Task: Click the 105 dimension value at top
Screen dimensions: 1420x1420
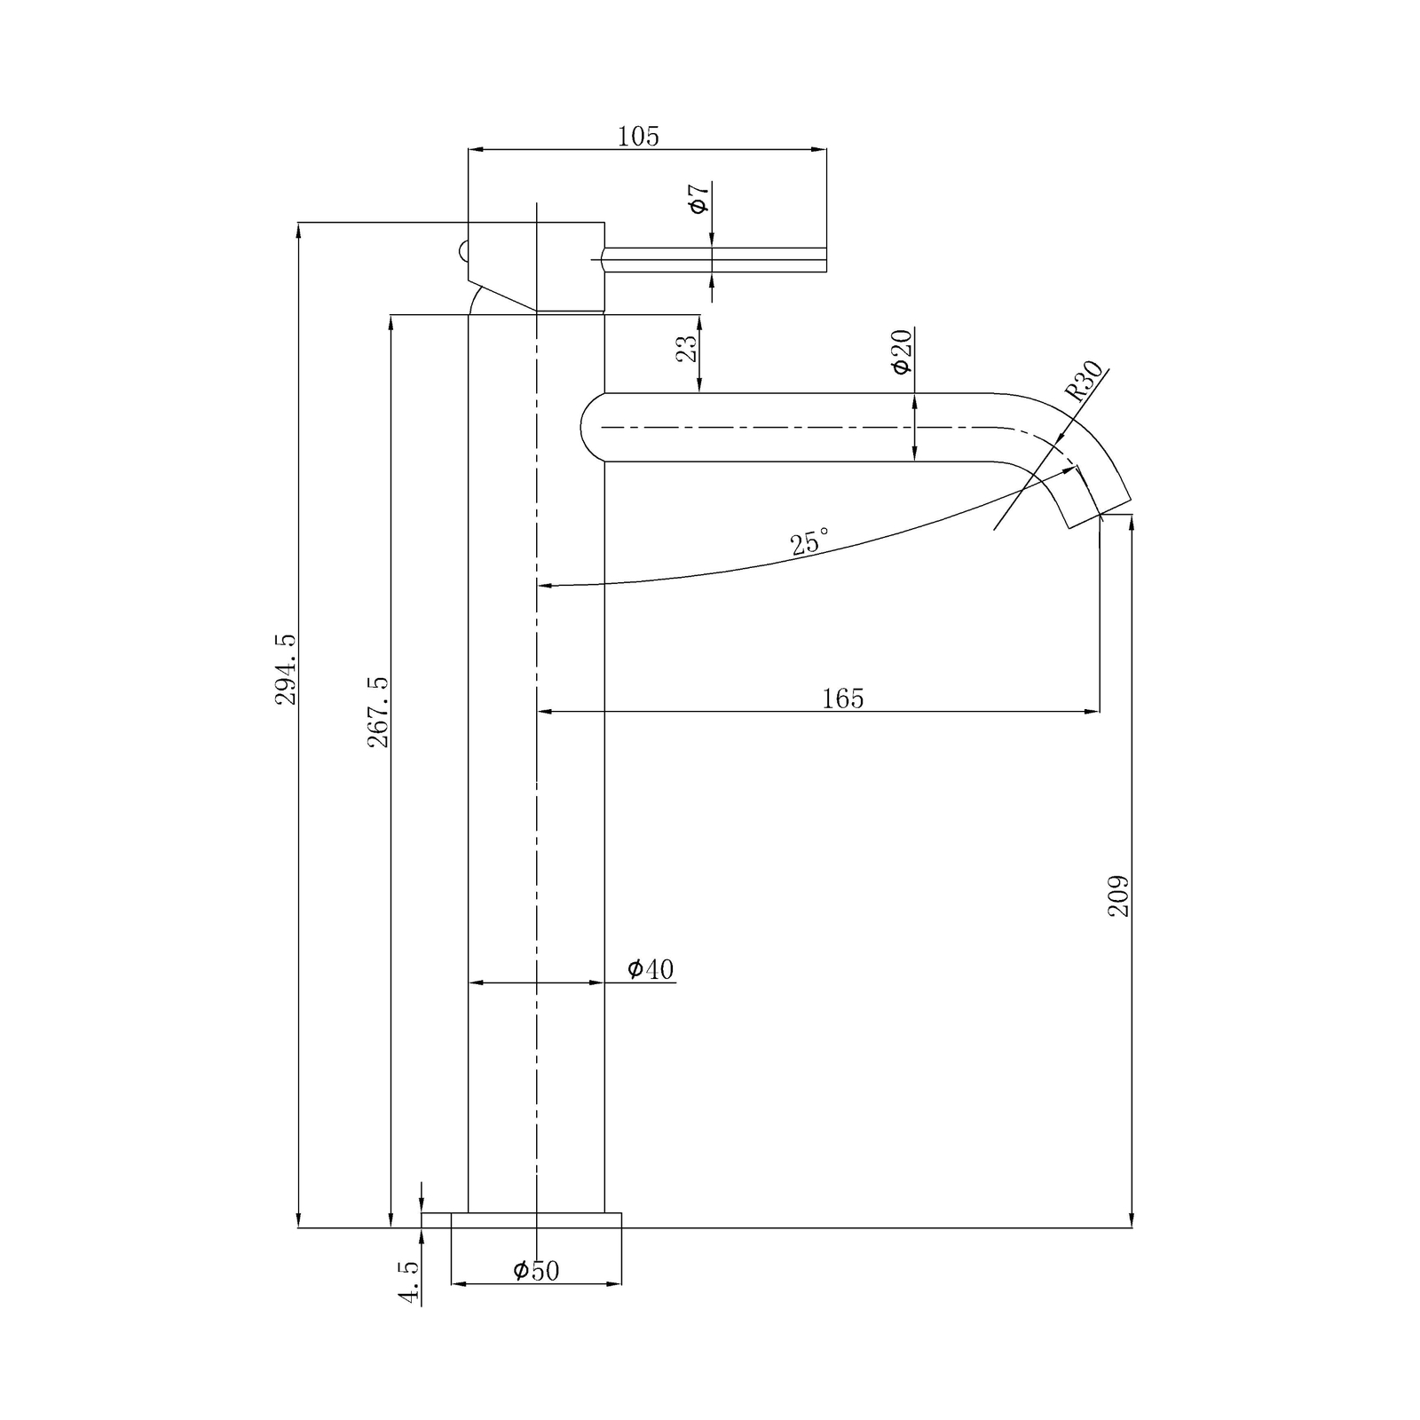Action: (638, 137)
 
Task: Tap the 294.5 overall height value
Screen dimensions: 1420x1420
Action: (286, 668)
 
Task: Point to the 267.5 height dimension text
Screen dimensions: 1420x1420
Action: (379, 711)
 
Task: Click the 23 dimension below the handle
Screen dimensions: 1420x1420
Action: (687, 347)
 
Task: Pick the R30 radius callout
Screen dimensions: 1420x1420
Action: (1084, 382)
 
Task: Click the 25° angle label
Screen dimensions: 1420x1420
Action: (810, 541)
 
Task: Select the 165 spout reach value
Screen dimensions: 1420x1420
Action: (842, 699)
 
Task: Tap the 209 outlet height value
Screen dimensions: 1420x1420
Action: (1118, 895)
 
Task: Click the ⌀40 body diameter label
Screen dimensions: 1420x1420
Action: (651, 969)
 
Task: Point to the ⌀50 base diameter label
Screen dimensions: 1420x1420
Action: (536, 1271)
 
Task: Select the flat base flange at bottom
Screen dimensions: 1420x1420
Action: (536, 1219)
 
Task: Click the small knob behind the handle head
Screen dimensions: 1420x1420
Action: (462, 251)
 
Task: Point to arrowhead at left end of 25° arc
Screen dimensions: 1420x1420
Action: (544, 586)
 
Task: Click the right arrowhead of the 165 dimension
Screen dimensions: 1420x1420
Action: (1093, 711)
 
